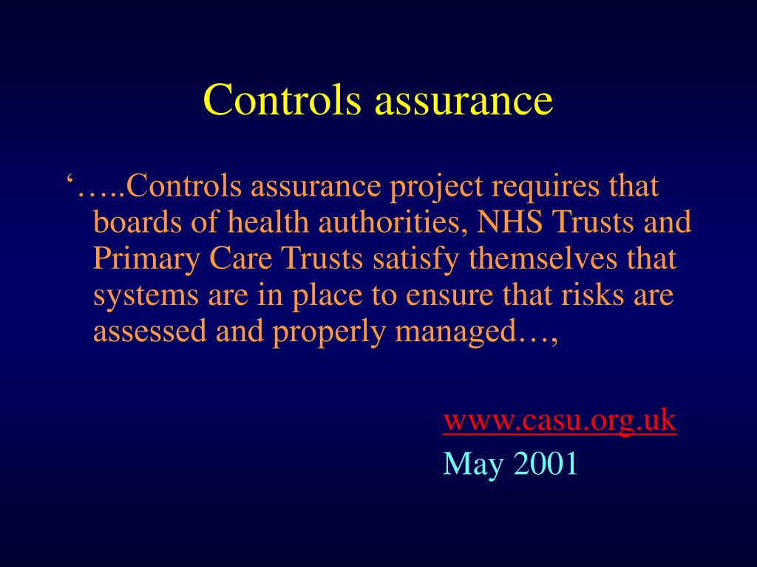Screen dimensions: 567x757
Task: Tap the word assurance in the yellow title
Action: click(464, 100)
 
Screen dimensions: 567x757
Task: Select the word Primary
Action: click(146, 260)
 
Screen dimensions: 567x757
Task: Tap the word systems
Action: click(146, 296)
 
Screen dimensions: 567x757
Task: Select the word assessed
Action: click(150, 332)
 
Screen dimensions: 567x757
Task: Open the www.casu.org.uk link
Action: click(560, 421)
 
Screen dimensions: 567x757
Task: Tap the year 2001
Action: click(545, 463)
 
